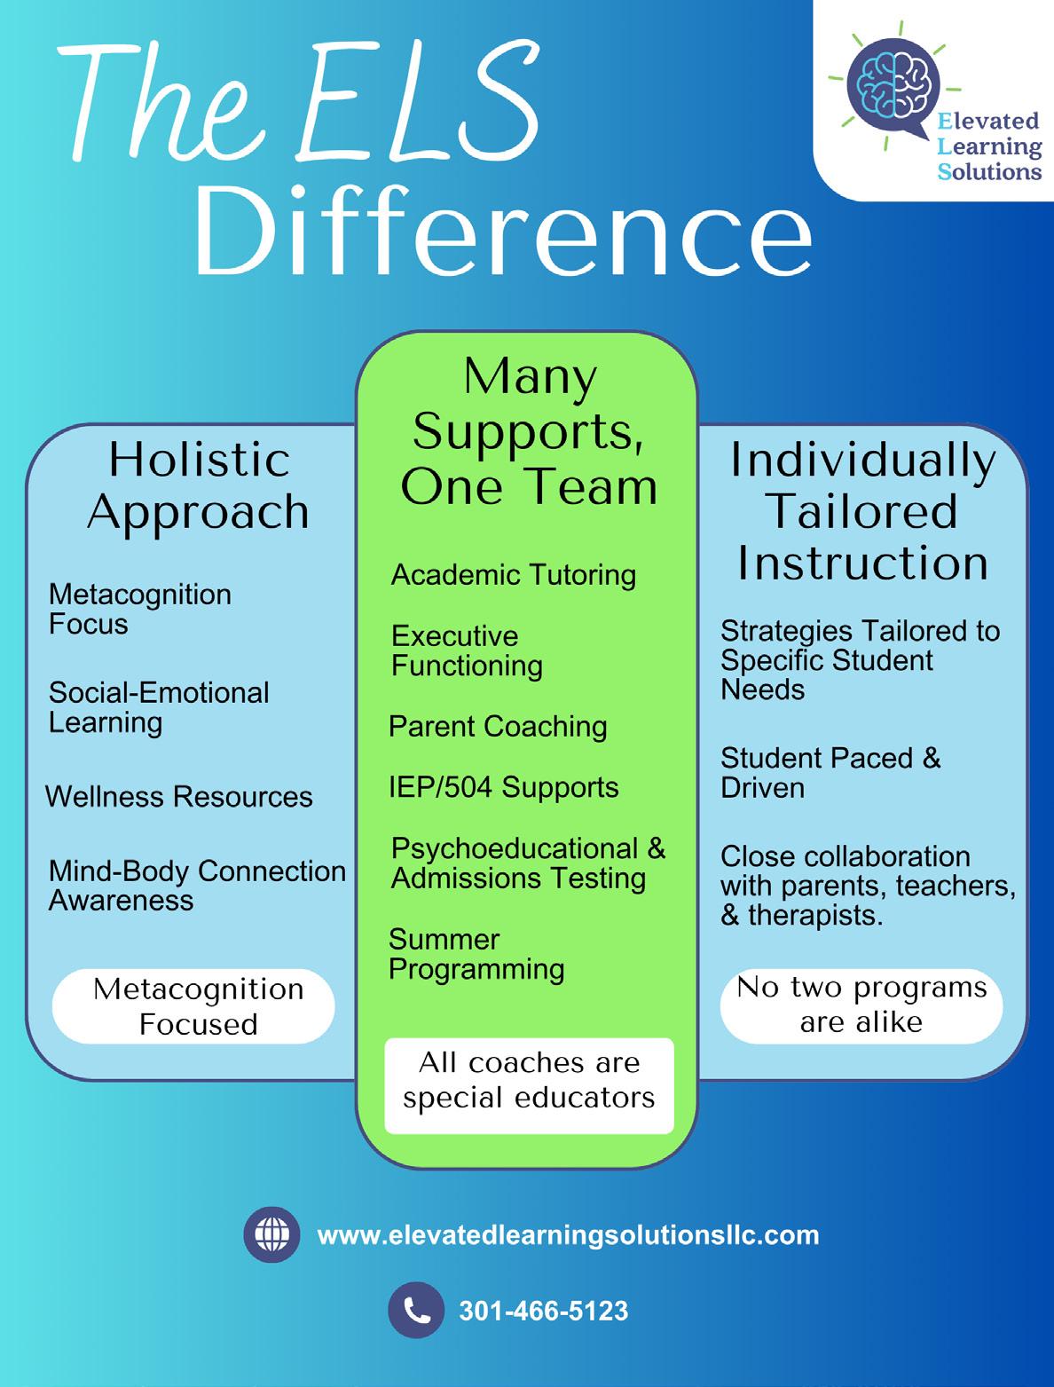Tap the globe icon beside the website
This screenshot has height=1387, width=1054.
pos(271,1234)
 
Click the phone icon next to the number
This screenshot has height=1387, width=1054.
pos(416,1310)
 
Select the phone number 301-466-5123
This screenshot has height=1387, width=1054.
pos(543,1311)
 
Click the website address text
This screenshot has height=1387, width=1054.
pos(568,1235)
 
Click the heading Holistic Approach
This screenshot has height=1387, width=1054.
pos(199,485)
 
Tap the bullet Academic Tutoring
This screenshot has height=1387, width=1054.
pos(514,575)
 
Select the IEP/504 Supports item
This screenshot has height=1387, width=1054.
pos(504,787)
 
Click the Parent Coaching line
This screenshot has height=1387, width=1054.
pos(498,727)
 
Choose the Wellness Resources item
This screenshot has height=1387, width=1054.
pos(179,797)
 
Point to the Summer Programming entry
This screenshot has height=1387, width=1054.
pos(476,954)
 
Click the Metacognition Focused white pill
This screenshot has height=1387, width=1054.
pos(194,1006)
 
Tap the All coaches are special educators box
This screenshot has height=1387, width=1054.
pos(529,1081)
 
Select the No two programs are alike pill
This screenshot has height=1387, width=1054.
pos(861,1005)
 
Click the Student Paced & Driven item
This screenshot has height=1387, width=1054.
pos(830,773)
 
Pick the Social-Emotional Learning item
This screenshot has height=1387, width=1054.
pos(159,707)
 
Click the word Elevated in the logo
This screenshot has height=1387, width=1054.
pos(988,121)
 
